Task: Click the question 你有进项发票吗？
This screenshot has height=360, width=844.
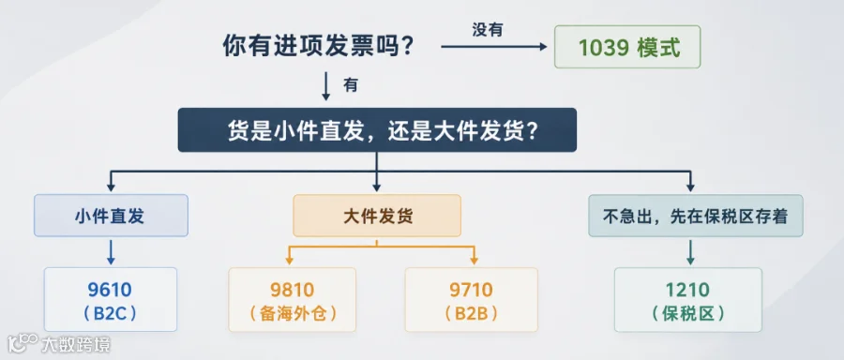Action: click(318, 48)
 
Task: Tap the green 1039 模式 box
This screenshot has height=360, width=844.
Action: click(627, 47)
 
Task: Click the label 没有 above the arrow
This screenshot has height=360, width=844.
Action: click(488, 30)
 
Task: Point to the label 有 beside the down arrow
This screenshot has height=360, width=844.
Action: click(351, 85)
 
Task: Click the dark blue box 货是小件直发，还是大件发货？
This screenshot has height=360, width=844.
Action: click(377, 130)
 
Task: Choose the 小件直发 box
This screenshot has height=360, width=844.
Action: click(111, 216)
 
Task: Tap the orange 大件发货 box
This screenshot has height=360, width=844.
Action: click(377, 216)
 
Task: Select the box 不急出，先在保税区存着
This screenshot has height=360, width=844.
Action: click(696, 216)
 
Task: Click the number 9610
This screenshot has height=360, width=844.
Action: click(110, 290)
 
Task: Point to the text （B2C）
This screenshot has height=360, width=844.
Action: click(110, 313)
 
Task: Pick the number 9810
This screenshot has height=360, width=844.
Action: click(292, 290)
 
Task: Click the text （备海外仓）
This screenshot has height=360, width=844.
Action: click(292, 313)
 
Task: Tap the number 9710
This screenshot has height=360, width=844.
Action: click(471, 290)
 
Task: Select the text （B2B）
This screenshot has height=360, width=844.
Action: click(471, 313)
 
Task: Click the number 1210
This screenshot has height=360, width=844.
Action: click(688, 290)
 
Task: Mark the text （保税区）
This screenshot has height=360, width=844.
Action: click(688, 313)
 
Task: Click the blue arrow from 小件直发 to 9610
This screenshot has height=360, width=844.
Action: click(111, 252)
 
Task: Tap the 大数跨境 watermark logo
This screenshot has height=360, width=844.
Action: click(59, 344)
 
